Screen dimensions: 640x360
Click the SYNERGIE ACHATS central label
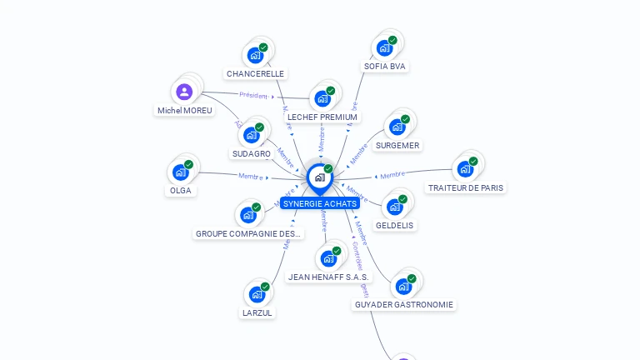coord(319,203)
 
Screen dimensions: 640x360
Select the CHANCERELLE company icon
coord(254,56)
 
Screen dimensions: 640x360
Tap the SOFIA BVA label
coord(386,66)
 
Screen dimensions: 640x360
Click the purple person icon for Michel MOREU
coord(185,92)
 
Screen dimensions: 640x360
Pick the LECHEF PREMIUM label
coord(322,117)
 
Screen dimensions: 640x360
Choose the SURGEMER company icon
coord(397,127)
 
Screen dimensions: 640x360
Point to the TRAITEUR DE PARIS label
coord(466,187)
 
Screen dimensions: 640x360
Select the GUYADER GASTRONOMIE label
coord(404,304)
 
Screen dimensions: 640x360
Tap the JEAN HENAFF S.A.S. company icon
coord(327,258)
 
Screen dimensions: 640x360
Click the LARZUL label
coord(257,312)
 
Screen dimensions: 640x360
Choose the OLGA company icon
coord(180,172)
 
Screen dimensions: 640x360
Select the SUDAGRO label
coord(251,153)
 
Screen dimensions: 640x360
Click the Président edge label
coord(253,95)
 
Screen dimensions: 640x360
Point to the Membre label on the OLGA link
coord(251,176)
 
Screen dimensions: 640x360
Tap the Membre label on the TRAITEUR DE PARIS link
coord(392,175)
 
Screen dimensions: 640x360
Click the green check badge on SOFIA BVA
coord(392,40)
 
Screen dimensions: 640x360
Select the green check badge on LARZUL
coord(265,287)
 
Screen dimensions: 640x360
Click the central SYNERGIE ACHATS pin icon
coord(318,177)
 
